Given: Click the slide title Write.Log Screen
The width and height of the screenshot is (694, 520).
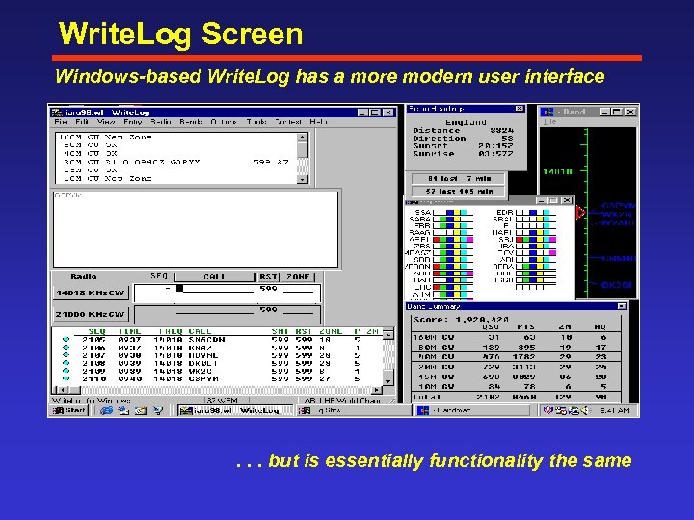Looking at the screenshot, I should pyautogui.click(x=180, y=35).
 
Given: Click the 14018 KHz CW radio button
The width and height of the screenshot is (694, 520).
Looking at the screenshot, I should pyautogui.click(x=91, y=292).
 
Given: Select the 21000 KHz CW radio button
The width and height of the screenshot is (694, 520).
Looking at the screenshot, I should pyautogui.click(x=91, y=314).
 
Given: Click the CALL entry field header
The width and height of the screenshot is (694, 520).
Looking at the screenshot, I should pyautogui.click(x=214, y=276).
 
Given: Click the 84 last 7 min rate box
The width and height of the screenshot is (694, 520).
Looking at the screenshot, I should pyautogui.click(x=453, y=178).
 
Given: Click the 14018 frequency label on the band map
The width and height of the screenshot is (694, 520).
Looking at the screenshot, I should pyautogui.click(x=556, y=172).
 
